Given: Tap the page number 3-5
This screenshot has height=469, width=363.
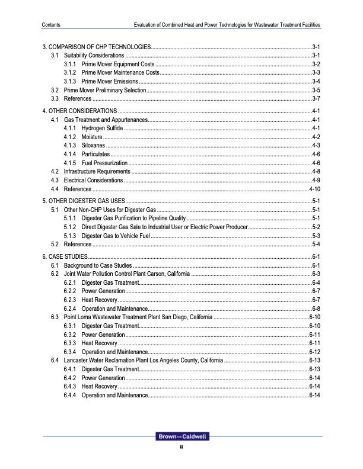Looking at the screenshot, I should pyautogui.click(x=316, y=89).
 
